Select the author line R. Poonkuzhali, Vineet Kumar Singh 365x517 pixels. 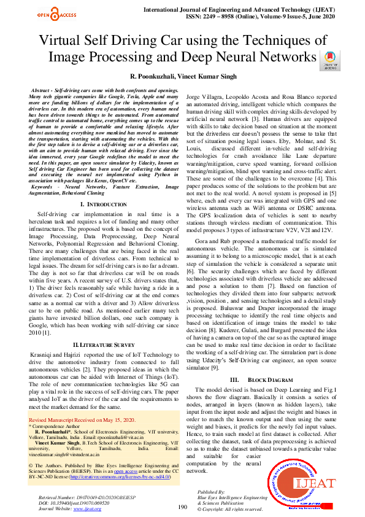(x=182, y=76)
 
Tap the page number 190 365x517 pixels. (x=182, y=507)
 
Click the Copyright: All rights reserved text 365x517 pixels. (x=230, y=510)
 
